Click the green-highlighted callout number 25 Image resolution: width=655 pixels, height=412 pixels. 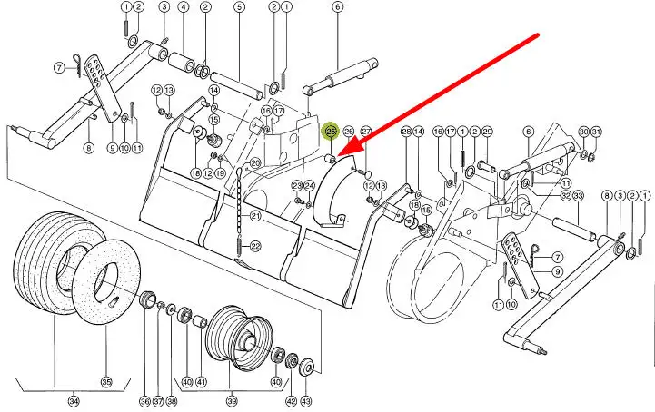pos(332,132)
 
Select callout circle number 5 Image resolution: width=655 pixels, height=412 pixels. pos(239,7)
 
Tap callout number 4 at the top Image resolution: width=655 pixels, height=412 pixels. pos(183,7)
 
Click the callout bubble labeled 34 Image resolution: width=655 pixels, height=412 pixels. pos(74,402)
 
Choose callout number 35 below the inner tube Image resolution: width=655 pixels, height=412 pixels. pos(106,382)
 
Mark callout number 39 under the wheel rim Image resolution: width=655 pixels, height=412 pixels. pos(232,402)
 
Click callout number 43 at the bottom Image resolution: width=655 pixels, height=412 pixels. pos(306,402)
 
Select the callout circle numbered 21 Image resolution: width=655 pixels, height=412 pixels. pos(255,216)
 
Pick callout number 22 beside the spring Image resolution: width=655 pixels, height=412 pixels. pos(255,246)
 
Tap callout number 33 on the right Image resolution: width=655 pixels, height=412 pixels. pos(578,196)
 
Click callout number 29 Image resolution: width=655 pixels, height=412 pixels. pos(487,132)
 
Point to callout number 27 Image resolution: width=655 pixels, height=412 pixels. pos(366,132)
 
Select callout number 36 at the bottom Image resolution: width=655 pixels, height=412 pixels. pos(144,402)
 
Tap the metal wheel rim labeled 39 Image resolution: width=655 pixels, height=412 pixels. pos(241,338)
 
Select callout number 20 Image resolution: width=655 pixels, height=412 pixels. pos(255,163)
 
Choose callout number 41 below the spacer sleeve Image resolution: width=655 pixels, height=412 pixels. pos(202,382)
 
